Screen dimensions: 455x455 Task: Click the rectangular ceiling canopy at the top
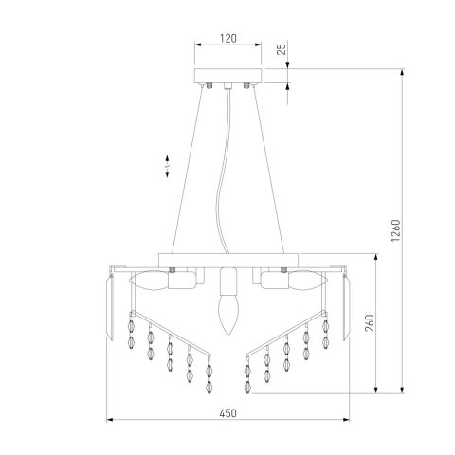click(227, 76)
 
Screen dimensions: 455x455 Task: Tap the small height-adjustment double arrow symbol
click(166, 166)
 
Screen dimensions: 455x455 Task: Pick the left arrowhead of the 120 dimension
click(195, 44)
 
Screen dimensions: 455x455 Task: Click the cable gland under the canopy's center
click(227, 88)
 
